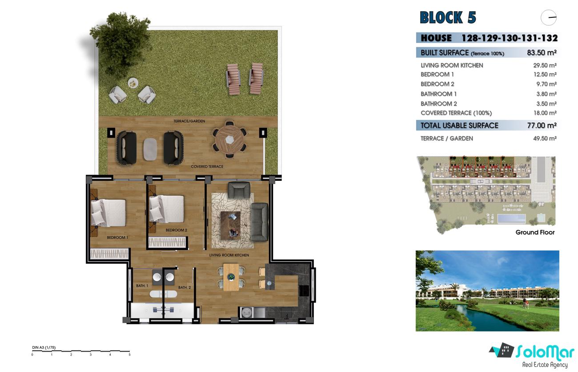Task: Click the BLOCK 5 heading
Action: point(448,17)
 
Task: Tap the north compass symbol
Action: point(549,17)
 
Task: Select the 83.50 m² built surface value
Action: point(542,53)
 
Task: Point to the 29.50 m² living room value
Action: point(545,65)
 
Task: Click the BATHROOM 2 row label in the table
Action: point(439,104)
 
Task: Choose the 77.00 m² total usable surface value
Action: point(542,125)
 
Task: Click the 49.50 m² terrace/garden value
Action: point(545,138)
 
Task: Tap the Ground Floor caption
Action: point(535,233)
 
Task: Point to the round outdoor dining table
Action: point(229,140)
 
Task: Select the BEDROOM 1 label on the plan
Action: point(117,237)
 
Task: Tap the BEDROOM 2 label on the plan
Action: point(176,230)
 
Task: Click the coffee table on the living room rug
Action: point(230,225)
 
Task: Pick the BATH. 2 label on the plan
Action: point(185,287)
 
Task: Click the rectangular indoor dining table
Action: point(231,277)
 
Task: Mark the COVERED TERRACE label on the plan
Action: point(207,167)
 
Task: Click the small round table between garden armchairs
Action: point(133,83)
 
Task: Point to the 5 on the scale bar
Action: point(129,355)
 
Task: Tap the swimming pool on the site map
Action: point(511,219)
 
